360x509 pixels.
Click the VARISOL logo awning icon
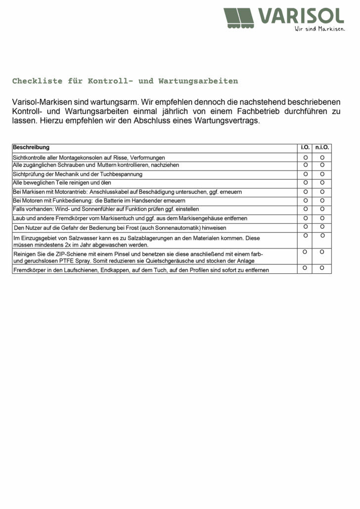point(239,19)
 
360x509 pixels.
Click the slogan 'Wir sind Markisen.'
point(319,29)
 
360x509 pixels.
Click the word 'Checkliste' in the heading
point(35,81)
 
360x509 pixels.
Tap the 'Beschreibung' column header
point(31,147)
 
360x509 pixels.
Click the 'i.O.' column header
point(306,147)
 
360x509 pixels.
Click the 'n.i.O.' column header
point(322,147)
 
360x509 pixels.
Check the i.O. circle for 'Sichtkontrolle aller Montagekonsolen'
point(306,157)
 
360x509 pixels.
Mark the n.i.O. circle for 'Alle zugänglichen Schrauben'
point(322,165)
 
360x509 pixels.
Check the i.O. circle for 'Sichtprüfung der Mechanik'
point(306,174)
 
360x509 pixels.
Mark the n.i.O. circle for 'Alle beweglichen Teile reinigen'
point(322,182)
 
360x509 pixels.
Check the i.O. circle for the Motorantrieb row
point(306,191)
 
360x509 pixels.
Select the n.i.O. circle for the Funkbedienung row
point(322,200)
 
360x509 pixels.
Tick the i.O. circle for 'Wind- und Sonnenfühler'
point(306,209)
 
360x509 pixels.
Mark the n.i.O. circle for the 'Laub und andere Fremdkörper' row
point(322,217)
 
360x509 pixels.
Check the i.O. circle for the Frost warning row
point(306,226)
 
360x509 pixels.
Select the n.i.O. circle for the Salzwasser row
point(322,236)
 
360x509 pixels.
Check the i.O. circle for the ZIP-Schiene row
point(305,252)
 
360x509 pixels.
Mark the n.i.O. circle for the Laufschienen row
point(322,268)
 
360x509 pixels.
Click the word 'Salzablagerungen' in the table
point(159,238)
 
